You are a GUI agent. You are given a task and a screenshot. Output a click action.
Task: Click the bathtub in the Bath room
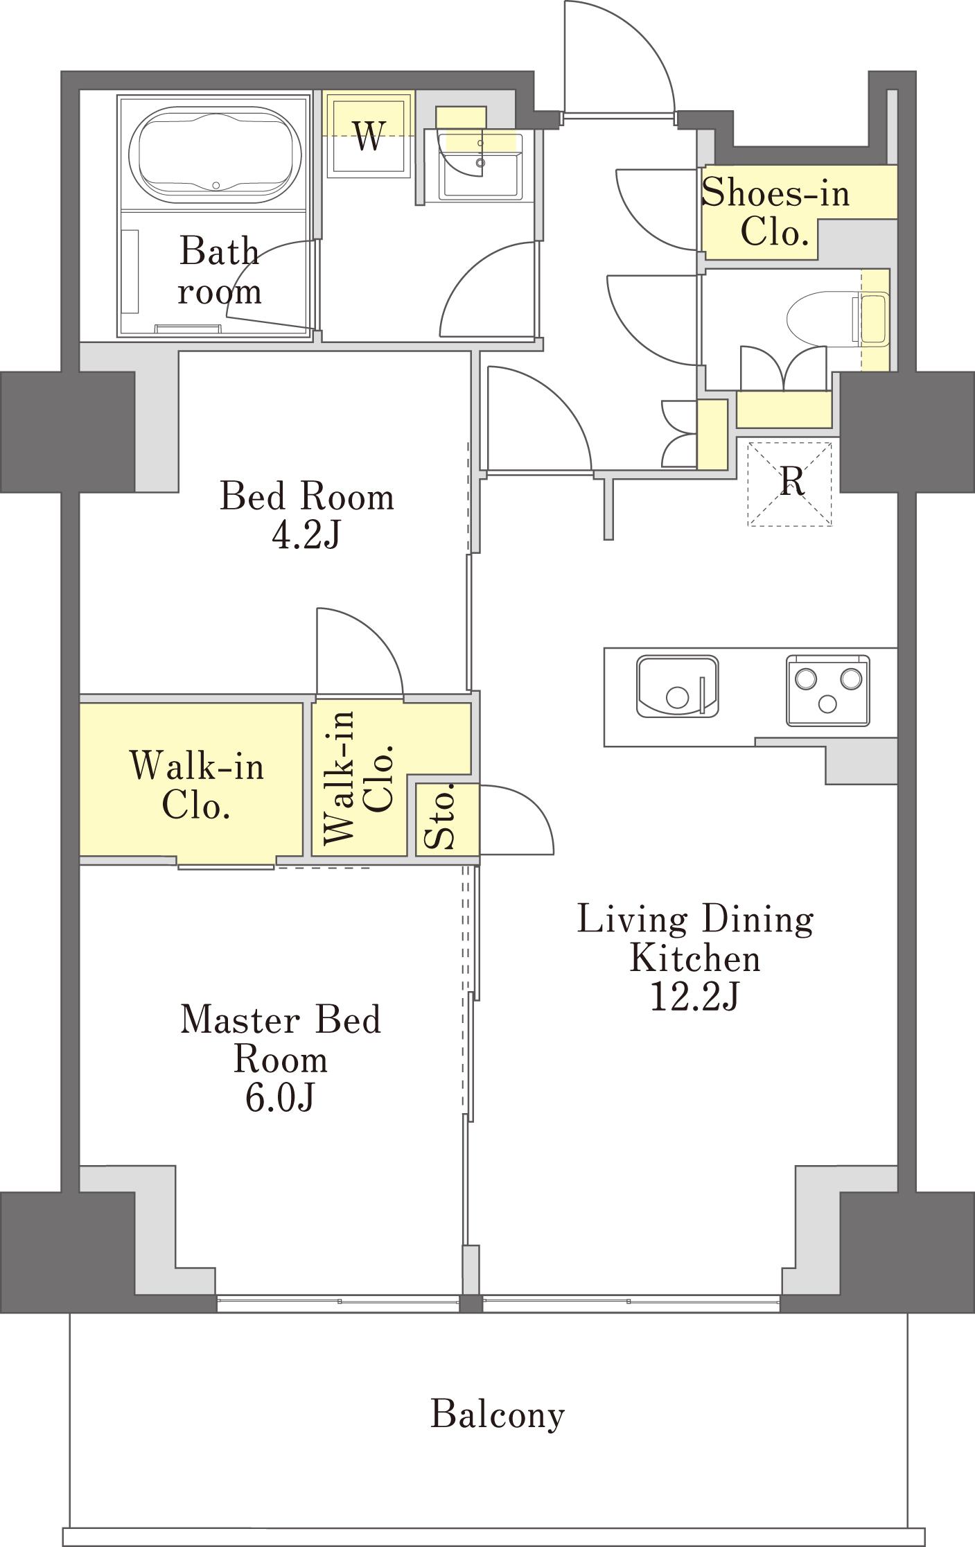[216, 154]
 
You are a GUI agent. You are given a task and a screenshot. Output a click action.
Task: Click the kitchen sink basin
[677, 686]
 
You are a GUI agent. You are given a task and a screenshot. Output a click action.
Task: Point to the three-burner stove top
[827, 690]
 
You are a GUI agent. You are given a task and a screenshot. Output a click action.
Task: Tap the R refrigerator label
[793, 481]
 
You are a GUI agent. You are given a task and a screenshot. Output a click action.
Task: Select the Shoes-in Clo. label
[775, 212]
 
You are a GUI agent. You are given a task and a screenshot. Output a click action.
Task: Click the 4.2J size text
[306, 535]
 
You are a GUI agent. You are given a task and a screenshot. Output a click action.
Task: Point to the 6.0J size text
[281, 1098]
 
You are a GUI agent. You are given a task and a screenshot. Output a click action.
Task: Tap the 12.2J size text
[694, 997]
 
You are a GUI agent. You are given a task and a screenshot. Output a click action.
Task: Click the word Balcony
[498, 1414]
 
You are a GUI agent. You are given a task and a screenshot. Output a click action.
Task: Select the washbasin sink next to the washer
[479, 166]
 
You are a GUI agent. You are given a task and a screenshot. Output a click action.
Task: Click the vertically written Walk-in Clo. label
[359, 776]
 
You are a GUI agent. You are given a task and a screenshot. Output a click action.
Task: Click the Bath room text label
[220, 271]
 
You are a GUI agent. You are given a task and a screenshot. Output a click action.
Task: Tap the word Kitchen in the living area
[695, 959]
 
